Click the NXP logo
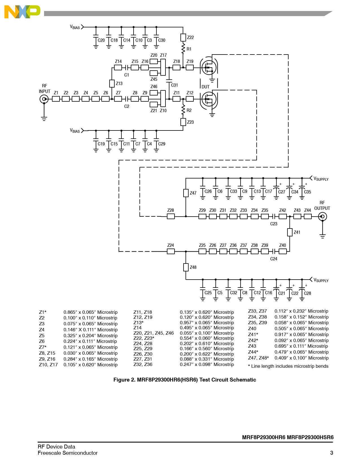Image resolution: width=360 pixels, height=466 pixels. (22, 12)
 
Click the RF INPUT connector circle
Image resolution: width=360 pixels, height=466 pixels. (44, 99)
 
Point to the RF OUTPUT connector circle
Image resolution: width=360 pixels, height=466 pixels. (322, 217)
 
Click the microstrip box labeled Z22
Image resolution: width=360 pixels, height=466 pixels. (183, 38)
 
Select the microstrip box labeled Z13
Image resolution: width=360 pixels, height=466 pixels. (112, 83)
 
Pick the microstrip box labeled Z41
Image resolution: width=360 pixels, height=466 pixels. (290, 232)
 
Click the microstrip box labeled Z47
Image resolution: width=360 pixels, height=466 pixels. (186, 193)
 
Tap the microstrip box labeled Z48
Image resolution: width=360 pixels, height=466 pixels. (186, 267)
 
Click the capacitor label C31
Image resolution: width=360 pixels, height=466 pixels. (174, 85)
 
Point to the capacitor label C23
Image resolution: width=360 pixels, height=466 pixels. (274, 224)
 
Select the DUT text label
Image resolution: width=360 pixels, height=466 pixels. (206, 87)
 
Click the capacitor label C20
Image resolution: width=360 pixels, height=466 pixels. (101, 40)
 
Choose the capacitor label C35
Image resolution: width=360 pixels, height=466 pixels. (307, 192)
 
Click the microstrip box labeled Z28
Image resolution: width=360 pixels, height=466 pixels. (171, 216)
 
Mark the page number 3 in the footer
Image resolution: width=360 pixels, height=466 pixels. (331, 453)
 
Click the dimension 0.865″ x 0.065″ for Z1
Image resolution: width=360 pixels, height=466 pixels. (90, 312)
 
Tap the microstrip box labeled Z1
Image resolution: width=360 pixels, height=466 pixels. (56, 99)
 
